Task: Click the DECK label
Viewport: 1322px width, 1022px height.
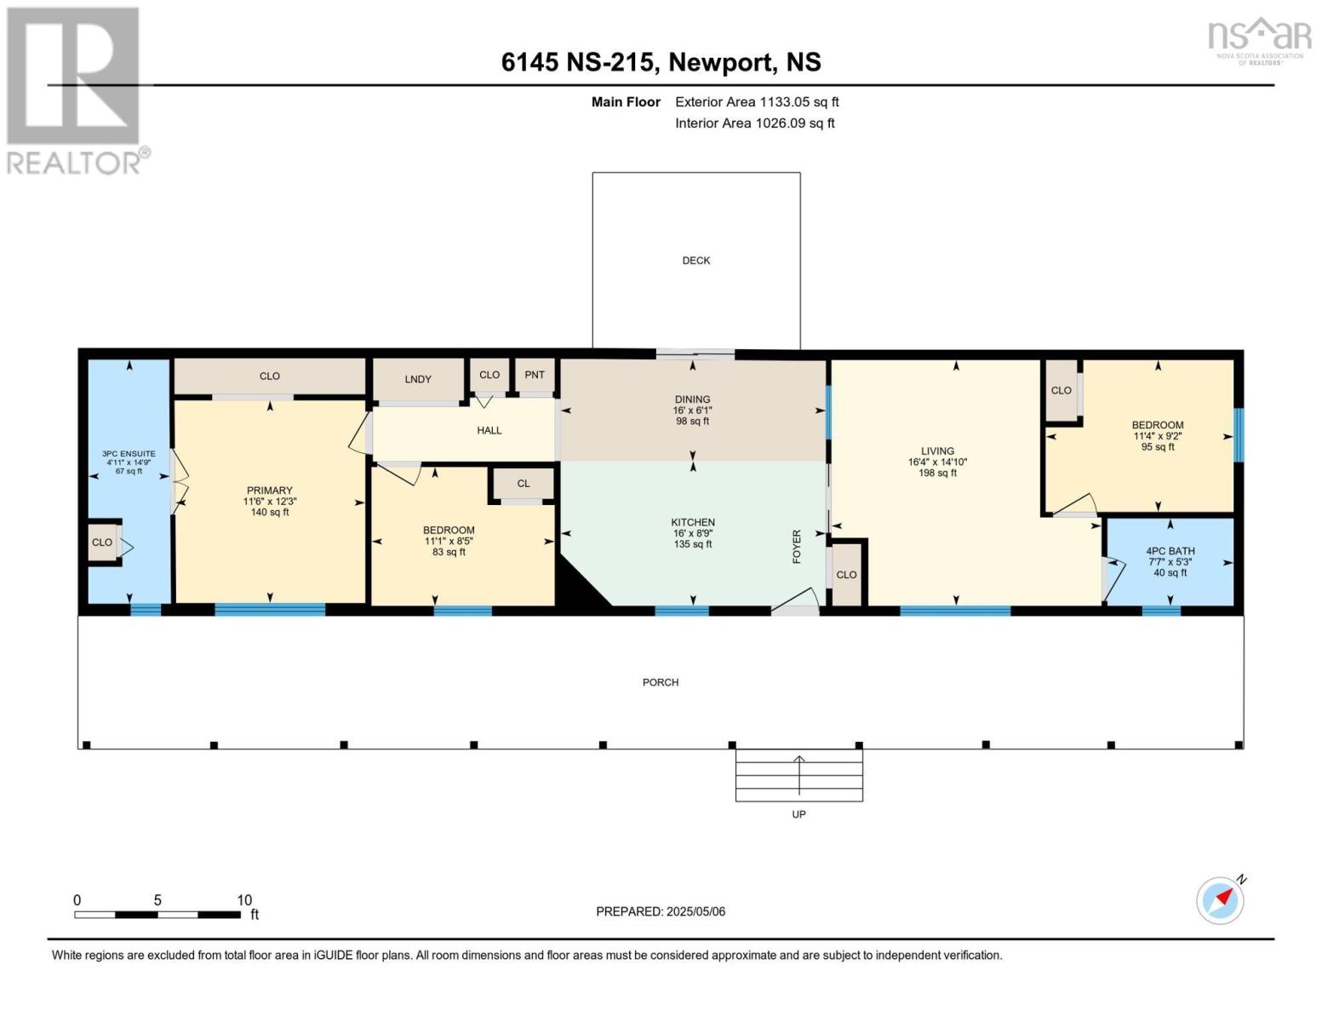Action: (x=696, y=261)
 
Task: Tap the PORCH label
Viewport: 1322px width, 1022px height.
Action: (x=661, y=682)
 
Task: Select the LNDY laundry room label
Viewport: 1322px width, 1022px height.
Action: (x=418, y=379)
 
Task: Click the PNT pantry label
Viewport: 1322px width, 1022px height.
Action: (x=535, y=375)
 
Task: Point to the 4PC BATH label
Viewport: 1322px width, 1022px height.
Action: (x=1170, y=551)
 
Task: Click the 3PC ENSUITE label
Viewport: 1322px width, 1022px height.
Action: (x=129, y=453)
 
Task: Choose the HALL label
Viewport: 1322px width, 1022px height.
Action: (x=489, y=430)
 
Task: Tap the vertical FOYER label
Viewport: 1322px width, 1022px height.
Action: (x=797, y=547)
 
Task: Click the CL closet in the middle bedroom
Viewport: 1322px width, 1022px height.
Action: (x=524, y=483)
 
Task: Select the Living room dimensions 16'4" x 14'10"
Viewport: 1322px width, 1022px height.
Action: (x=937, y=462)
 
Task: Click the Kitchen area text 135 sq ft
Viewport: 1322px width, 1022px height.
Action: (x=693, y=544)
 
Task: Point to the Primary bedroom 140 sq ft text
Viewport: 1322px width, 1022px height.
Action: (x=270, y=513)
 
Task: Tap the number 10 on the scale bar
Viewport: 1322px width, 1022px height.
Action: (x=244, y=899)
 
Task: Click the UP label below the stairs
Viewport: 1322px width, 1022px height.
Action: (x=798, y=814)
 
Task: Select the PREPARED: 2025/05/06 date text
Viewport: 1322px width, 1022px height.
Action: (x=661, y=912)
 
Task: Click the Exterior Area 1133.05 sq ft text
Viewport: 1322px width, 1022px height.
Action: (x=757, y=102)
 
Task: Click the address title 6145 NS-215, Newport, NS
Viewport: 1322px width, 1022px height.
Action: (x=661, y=62)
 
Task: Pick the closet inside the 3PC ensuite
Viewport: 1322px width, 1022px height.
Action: (x=102, y=542)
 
